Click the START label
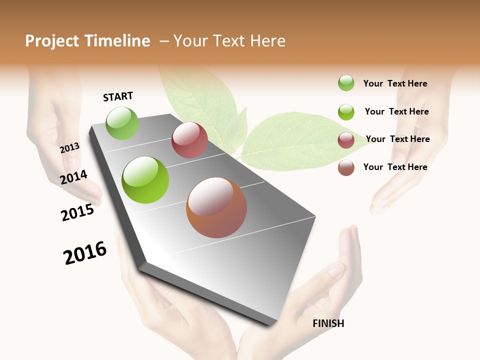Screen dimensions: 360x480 click(x=118, y=96)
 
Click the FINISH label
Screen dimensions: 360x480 click(x=328, y=323)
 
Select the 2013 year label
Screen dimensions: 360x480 click(x=70, y=148)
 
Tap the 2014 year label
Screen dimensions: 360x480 click(x=74, y=177)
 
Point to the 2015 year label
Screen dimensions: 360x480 click(x=77, y=212)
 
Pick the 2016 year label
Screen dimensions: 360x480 click(x=85, y=252)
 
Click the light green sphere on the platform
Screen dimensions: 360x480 click(x=122, y=123)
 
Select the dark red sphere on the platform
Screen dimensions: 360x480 click(x=189, y=140)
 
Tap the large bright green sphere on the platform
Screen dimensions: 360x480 click(x=145, y=180)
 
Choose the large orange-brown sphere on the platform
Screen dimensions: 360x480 click(x=216, y=207)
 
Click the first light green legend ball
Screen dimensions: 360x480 click(x=346, y=83)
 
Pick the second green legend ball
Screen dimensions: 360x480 click(x=346, y=112)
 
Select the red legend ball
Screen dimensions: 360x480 click(x=346, y=140)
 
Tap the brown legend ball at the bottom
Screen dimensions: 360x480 click(x=346, y=167)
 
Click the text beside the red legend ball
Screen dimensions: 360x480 click(x=397, y=139)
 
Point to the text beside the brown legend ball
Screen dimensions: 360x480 click(x=395, y=167)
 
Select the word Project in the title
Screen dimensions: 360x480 click(x=52, y=41)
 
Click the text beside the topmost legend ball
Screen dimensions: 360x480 click(x=395, y=83)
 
